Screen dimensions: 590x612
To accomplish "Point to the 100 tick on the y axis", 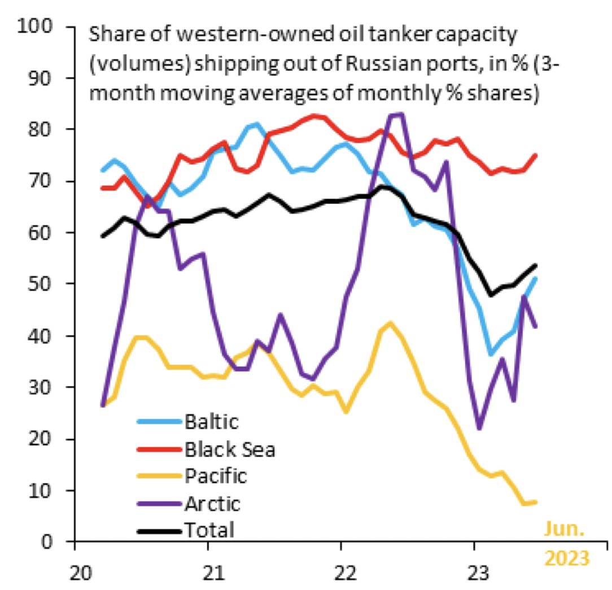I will coord(36,26).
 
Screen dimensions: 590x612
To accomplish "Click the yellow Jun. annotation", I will coord(565,530).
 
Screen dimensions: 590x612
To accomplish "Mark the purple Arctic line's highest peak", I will coord(396,115).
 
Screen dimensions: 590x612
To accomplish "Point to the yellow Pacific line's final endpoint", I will coord(535,502).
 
